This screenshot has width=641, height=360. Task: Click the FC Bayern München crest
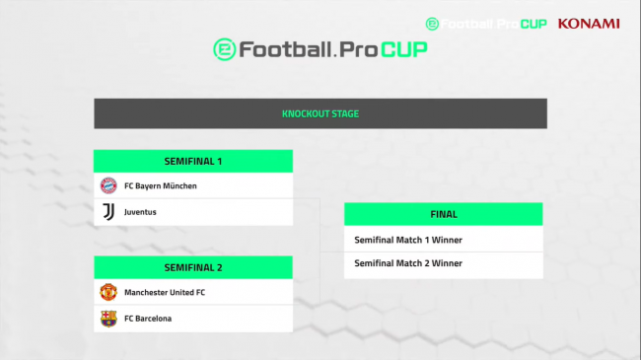[x=108, y=185]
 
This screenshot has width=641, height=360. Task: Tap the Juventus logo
[x=108, y=212]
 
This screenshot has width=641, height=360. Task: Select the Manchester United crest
[x=108, y=292]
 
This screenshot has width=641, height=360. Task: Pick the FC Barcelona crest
[x=108, y=319]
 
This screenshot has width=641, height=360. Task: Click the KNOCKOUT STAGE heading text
[x=320, y=113]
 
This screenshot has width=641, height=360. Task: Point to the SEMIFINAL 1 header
[x=193, y=161]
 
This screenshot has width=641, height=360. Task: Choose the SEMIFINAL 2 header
[x=193, y=267]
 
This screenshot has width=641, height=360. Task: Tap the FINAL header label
[x=444, y=214]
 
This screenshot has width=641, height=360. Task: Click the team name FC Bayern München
[x=161, y=185]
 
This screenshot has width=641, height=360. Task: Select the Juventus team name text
[x=140, y=212]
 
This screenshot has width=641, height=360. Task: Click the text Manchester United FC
[x=165, y=292]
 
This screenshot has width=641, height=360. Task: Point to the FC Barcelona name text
[x=149, y=319]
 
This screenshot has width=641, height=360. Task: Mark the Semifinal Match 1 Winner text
[x=408, y=240]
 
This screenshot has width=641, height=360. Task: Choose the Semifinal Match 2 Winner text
[x=408, y=263]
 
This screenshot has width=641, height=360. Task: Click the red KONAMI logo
[x=589, y=23]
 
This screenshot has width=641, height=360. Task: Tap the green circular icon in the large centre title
[x=226, y=49]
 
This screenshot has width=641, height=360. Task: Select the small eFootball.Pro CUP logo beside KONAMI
[x=486, y=23]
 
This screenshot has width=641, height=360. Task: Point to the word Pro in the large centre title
[x=356, y=49]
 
